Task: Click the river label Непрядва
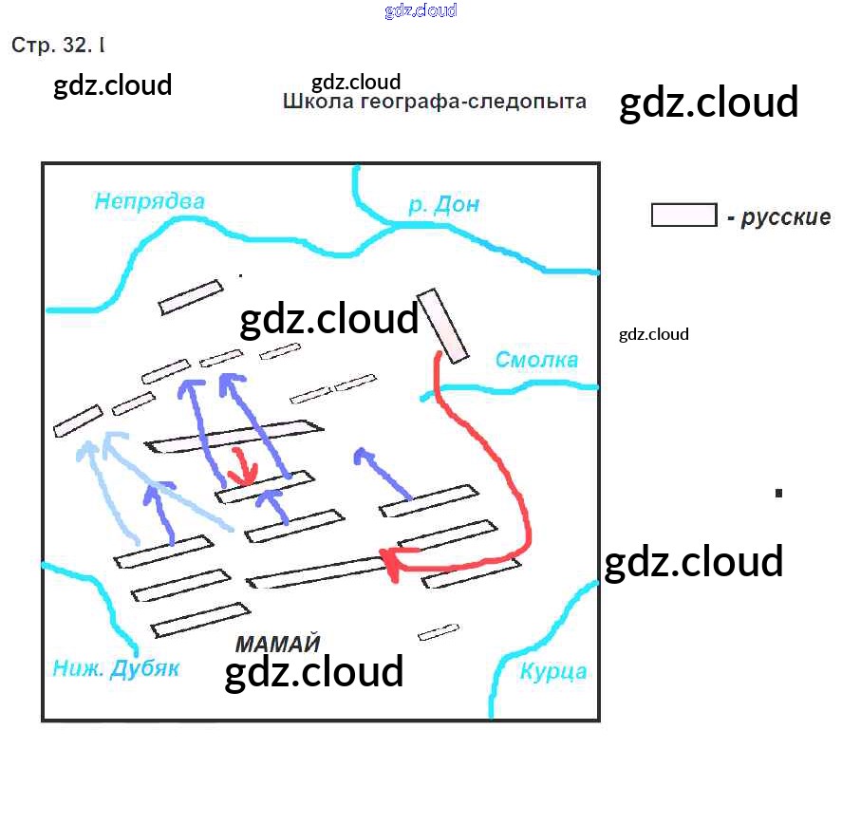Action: pos(149,201)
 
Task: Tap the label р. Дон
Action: pos(443,205)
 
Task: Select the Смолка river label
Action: pos(536,360)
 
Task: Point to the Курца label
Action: pos(552,672)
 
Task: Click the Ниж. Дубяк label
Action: pos(115,668)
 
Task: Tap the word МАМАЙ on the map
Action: pos(278,644)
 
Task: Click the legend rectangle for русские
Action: pos(683,215)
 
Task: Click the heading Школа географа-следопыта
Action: pos(435,102)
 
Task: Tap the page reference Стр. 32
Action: pos(53,45)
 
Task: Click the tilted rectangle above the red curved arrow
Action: pos(444,326)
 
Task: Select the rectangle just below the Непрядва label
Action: pos(191,297)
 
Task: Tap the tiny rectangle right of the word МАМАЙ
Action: pos(439,631)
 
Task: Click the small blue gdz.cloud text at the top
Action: pos(421,10)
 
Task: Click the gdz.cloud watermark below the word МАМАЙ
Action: pos(314,672)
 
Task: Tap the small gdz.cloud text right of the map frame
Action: pos(653,334)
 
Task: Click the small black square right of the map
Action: pos(778,492)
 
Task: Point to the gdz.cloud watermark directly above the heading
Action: pos(356,82)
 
